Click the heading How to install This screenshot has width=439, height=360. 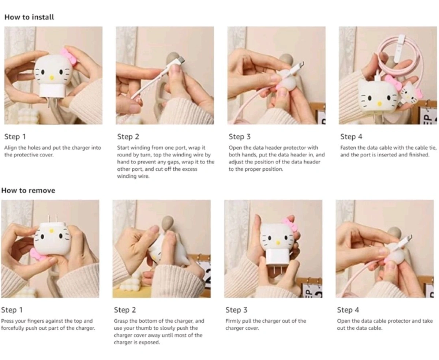(29, 17)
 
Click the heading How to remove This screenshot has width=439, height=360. (28, 190)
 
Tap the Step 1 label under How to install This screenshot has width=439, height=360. (15, 137)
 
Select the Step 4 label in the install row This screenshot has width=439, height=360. (351, 137)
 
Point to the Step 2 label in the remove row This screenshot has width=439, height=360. (125, 310)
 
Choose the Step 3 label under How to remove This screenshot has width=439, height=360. (236, 310)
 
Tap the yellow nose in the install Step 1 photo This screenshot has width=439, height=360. (52, 78)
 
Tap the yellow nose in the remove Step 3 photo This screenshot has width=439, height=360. (277, 242)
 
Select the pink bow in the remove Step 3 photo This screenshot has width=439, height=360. (290, 225)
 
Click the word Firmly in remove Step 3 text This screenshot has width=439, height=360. (233, 321)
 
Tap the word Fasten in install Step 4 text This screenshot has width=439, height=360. (348, 148)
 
